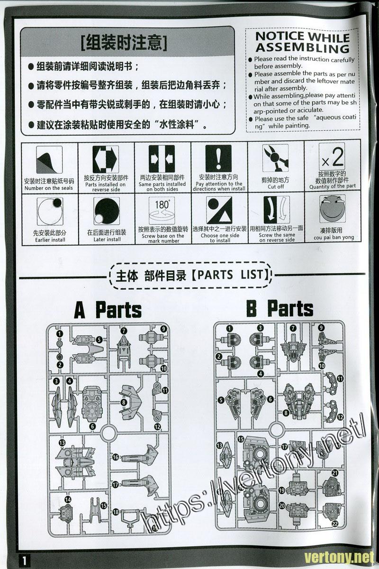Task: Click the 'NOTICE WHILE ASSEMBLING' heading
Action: [x=303, y=42]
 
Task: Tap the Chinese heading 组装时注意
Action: [x=124, y=43]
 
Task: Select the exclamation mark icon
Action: [x=218, y=158]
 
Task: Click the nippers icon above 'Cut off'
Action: [x=275, y=158]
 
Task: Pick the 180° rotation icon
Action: [x=162, y=211]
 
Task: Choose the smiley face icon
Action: [x=333, y=209]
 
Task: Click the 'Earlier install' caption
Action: [x=50, y=240]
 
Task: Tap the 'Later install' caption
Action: [x=107, y=239]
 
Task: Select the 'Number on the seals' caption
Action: [x=49, y=188]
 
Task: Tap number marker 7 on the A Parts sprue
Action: [x=124, y=331]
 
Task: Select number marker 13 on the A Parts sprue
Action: [x=62, y=442]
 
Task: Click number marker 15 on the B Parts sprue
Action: [x=241, y=439]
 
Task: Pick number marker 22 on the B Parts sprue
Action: [x=335, y=523]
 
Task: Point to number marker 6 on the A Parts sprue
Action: [x=92, y=426]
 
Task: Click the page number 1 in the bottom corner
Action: [x=24, y=560]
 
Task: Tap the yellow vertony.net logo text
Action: [x=339, y=557]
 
